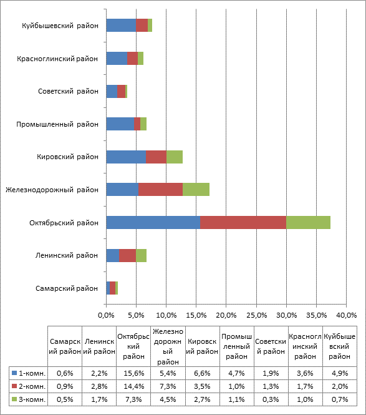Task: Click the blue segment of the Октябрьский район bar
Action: pos(153,223)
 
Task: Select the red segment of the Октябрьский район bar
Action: pos(243,223)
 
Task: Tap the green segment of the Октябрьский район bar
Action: pos(308,223)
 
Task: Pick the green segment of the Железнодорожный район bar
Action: pos(196,190)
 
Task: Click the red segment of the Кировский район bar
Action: pos(156,157)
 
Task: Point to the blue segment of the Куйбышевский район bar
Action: pos(121,26)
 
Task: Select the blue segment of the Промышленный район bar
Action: pos(120,124)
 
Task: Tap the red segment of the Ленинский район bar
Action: pos(127,255)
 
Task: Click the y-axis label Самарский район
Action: pos(67,288)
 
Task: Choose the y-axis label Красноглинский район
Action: pos(57,59)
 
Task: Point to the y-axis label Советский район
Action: pos(68,91)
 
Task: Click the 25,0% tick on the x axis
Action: pos(256,315)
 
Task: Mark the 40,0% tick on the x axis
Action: pos(347,315)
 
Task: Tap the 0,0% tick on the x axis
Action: pos(106,315)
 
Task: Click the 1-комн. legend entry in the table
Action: pos(29,373)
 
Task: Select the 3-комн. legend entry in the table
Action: pos(29,399)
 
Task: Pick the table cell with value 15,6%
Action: pos(133,373)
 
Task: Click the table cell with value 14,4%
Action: pos(133,386)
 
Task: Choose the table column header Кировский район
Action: pos(202,346)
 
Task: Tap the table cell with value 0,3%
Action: pos(271,399)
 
